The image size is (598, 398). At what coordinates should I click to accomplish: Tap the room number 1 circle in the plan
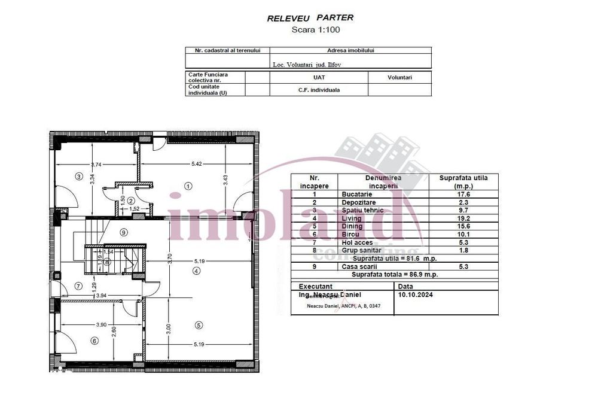tap(188, 186)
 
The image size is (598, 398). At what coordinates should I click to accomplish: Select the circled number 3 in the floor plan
tap(78, 176)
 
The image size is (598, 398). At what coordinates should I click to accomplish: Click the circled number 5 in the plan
tap(199, 325)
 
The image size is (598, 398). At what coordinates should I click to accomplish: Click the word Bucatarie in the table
tap(356, 195)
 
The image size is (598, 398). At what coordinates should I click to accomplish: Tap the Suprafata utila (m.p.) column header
tap(463, 182)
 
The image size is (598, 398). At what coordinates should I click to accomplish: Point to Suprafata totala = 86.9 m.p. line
tap(394, 274)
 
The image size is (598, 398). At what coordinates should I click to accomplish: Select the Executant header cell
tap(316, 287)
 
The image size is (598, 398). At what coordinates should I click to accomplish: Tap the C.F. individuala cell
tap(319, 90)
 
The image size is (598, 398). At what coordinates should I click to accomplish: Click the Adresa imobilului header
tap(350, 51)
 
